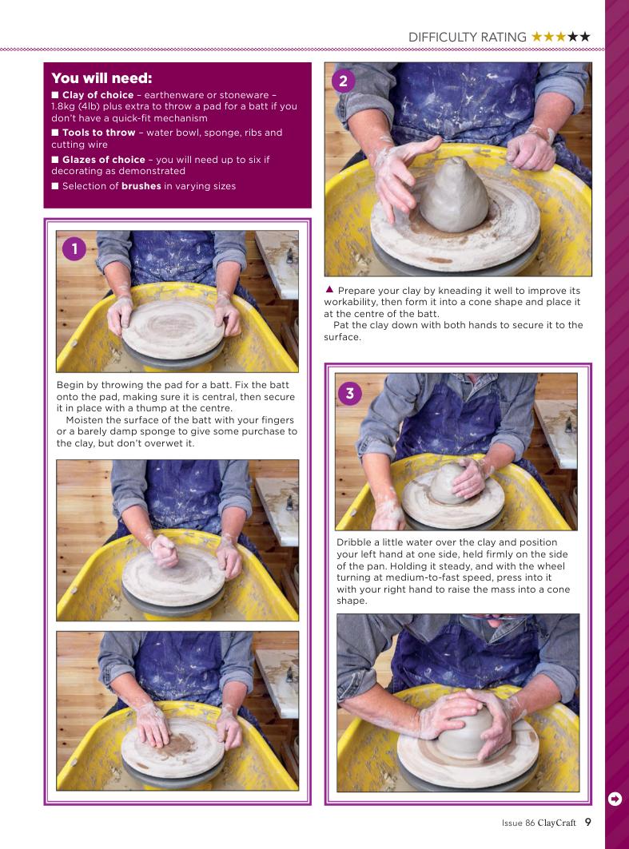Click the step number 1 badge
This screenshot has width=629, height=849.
coord(74,249)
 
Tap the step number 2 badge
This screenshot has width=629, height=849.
coord(343,81)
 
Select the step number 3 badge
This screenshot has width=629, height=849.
coord(350,393)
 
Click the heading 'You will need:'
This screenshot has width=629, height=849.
coord(102,78)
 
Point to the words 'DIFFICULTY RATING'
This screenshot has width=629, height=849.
coord(467,38)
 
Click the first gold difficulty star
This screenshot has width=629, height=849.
coord(537,37)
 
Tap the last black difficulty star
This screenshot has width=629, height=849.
coord(584,37)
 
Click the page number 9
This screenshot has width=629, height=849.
coord(587,822)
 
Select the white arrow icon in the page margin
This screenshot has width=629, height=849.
coord(615,799)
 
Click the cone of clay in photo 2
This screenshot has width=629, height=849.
coord(453,195)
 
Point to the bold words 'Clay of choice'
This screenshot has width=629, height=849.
coord(98,95)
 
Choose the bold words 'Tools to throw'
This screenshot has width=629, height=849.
coord(98,133)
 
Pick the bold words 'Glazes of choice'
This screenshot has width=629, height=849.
coord(103,160)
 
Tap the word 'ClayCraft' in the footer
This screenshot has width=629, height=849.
coord(556,823)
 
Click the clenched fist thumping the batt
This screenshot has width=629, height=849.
coord(163,550)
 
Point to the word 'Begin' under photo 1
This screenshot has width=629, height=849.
coord(70,386)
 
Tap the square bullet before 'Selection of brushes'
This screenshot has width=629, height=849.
coord(55,186)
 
